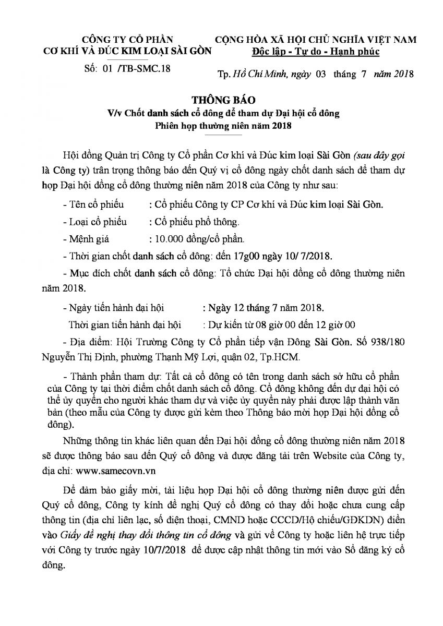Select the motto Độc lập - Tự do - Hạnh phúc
pyautogui.click(x=315, y=52)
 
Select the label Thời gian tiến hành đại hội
pyautogui.click(x=125, y=324)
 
